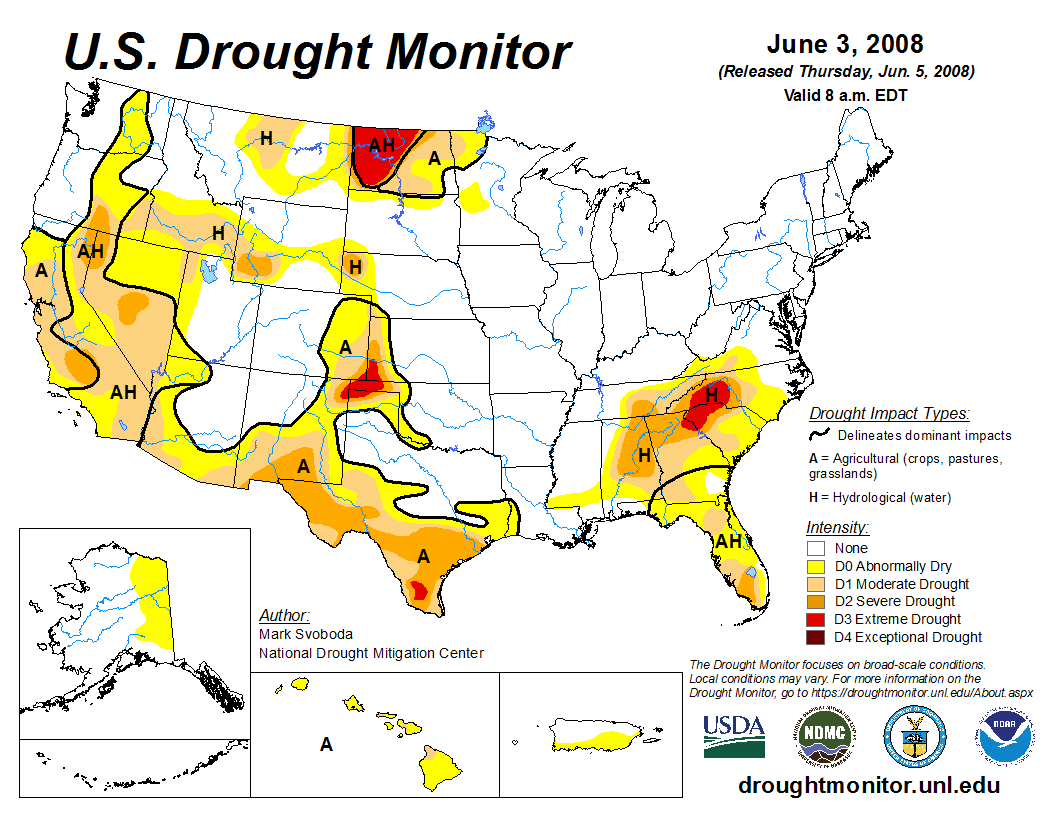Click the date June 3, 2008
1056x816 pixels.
pos(845,45)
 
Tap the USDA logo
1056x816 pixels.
pos(734,736)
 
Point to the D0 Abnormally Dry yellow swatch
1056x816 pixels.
pos(817,566)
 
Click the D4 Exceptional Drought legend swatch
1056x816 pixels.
pos(817,637)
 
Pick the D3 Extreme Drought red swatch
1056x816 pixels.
pos(817,619)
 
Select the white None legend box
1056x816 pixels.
pos(817,548)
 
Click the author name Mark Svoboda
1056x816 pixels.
pos(306,634)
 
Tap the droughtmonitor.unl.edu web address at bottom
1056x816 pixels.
pos(869,785)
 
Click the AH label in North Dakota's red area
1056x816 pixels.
pos(382,145)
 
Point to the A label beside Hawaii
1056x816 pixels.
pos(326,744)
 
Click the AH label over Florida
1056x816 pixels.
pos(729,541)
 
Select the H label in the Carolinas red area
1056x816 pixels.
pos(712,395)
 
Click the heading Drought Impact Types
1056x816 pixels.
pos(889,413)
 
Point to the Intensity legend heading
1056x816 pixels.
pos(837,527)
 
